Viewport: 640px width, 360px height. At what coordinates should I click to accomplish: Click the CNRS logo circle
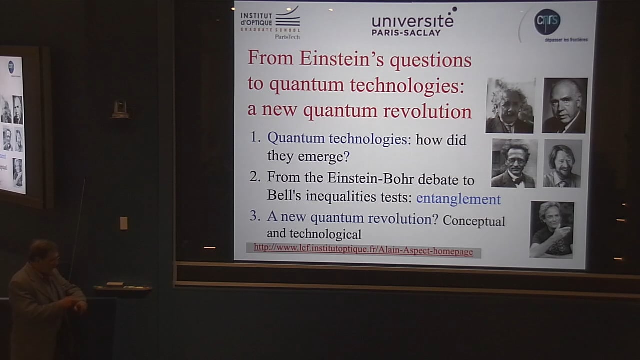click(547, 22)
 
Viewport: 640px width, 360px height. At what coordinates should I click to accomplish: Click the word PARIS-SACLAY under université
click(406, 33)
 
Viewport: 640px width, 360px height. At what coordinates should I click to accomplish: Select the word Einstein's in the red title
click(342, 59)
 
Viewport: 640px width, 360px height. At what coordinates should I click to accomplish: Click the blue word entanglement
click(458, 199)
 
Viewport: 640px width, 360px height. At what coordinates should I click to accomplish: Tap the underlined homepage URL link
click(363, 251)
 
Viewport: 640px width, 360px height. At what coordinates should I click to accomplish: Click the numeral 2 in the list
click(255, 177)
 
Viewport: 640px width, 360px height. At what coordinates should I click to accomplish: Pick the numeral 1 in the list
click(255, 138)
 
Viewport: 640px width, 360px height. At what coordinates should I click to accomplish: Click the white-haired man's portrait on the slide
click(509, 105)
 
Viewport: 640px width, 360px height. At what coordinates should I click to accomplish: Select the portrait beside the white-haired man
click(564, 105)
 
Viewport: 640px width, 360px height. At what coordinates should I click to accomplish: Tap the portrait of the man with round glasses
click(514, 163)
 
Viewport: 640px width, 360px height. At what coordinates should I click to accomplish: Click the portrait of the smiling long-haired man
click(562, 163)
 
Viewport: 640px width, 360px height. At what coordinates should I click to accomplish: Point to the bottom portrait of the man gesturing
click(551, 229)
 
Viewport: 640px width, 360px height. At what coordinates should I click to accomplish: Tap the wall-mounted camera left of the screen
click(120, 110)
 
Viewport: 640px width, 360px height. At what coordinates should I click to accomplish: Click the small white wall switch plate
click(123, 223)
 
